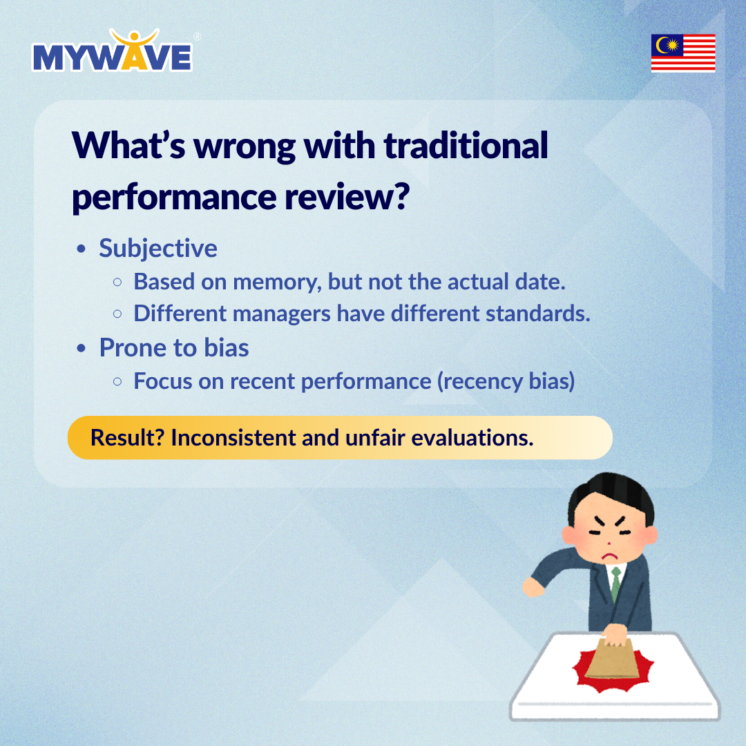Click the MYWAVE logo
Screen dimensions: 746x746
tap(113, 51)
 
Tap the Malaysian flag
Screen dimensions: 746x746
tap(682, 52)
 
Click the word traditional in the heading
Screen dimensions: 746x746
tap(466, 145)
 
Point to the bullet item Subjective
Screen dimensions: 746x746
tap(158, 249)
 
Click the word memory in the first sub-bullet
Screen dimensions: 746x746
tap(277, 282)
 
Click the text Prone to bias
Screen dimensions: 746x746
tap(174, 347)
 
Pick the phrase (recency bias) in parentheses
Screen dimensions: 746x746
tap(506, 381)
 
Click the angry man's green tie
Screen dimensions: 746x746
tap(615, 584)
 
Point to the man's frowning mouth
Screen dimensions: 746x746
tap(609, 555)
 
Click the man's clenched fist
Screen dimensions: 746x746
tap(533, 588)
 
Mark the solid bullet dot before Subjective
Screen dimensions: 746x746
tap(82, 249)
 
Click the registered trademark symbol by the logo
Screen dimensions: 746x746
tap(197, 37)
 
